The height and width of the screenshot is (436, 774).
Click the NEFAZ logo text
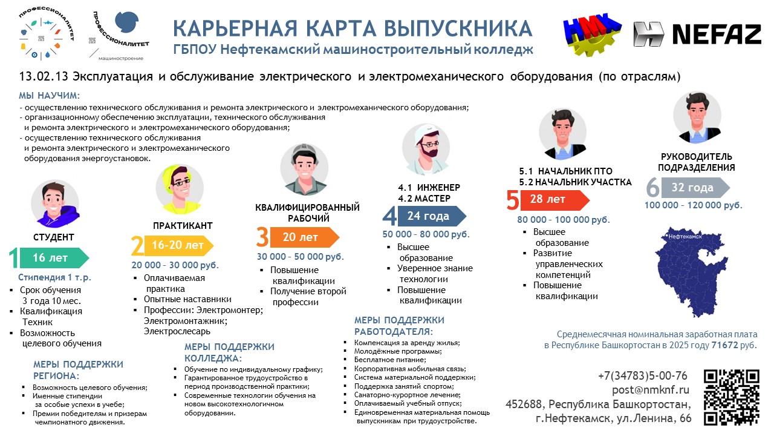tap(717, 35)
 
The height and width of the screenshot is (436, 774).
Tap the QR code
tap(732, 397)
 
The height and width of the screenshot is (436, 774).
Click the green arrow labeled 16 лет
tap(54, 258)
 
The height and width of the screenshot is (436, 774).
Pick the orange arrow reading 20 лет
tap(304, 237)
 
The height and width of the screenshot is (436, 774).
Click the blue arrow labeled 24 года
tap(432, 216)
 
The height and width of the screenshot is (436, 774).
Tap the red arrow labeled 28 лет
tap(555, 200)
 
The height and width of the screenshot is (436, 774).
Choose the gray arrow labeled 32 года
tap(695, 188)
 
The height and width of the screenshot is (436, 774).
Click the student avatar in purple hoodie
tap(55, 203)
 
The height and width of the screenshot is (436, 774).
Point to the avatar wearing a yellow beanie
tap(180, 188)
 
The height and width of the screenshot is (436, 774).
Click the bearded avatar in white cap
tap(426, 149)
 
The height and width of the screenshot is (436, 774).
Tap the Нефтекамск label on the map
tap(685, 237)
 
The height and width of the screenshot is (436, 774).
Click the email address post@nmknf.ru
tap(650, 390)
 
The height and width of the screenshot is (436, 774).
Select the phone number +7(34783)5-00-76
tap(643, 375)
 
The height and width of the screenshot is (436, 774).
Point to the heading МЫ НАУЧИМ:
tap(50, 96)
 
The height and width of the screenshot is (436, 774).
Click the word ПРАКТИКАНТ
tap(183, 226)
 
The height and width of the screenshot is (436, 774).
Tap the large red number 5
tap(513, 200)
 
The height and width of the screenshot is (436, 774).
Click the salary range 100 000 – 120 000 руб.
tap(694, 205)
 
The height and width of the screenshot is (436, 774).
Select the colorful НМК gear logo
tap(592, 35)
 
